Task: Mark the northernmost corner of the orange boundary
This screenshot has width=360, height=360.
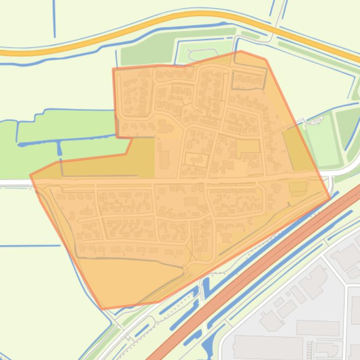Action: coord(241,51)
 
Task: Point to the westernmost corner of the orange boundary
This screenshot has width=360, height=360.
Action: coord(30,175)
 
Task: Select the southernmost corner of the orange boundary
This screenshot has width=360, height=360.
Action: coord(102,309)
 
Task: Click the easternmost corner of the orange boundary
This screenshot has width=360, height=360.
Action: coord(330,198)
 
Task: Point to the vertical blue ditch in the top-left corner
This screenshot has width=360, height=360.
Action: coord(54,19)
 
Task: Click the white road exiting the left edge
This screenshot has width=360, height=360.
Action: coord(14,182)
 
